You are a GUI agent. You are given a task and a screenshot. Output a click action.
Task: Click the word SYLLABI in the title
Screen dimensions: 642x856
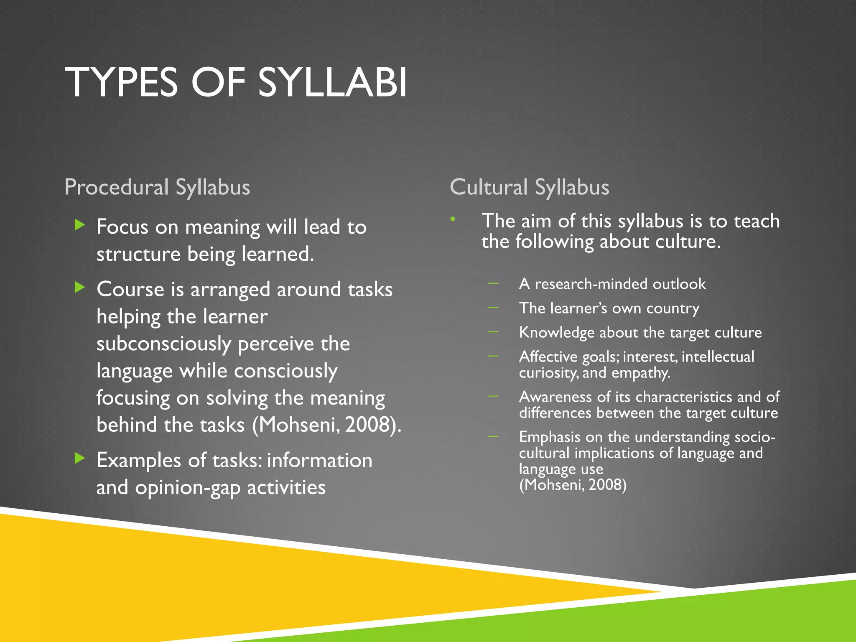pyautogui.click(x=332, y=82)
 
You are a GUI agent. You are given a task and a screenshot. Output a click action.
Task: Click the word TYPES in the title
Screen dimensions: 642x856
pyautogui.click(x=122, y=82)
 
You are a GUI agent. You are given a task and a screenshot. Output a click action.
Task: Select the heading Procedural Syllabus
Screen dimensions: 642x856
pyautogui.click(x=157, y=187)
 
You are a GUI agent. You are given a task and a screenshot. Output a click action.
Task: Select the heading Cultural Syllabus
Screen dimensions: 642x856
pyautogui.click(x=529, y=187)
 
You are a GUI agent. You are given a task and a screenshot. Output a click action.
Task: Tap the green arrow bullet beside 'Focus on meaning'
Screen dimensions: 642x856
pyautogui.click(x=79, y=225)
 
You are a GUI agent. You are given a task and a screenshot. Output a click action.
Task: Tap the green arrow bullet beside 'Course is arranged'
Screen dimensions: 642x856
pyautogui.click(x=79, y=287)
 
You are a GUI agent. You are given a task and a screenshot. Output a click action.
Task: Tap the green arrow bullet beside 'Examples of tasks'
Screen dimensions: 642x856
pyautogui.click(x=79, y=458)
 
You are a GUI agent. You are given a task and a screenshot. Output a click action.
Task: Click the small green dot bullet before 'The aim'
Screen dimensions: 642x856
pyautogui.click(x=453, y=219)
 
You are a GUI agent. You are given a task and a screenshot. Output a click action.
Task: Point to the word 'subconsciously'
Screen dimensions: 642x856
pyautogui.click(x=163, y=344)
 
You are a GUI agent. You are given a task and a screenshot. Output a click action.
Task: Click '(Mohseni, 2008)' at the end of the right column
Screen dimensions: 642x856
pyautogui.click(x=573, y=485)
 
